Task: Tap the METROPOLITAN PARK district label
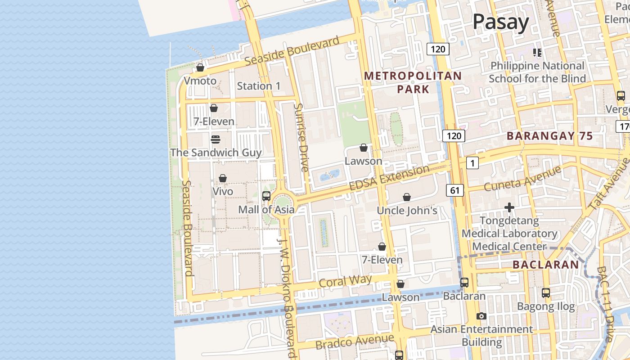[x=413, y=82]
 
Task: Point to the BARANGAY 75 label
[x=549, y=136]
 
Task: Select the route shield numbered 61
[x=455, y=190]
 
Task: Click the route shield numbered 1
[x=472, y=163]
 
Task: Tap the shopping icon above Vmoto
[x=200, y=67]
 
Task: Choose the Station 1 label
[x=259, y=86]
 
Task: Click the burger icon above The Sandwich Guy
[x=216, y=139]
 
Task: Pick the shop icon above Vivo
[x=223, y=178]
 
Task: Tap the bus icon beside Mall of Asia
[x=266, y=196]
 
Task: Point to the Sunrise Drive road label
[x=301, y=137]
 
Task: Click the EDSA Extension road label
[x=389, y=179]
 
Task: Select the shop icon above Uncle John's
[x=407, y=197]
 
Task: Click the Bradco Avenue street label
[x=355, y=342]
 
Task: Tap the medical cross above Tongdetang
[x=509, y=207]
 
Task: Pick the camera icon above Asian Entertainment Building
[x=481, y=316]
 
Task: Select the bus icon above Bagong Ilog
[x=546, y=292]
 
